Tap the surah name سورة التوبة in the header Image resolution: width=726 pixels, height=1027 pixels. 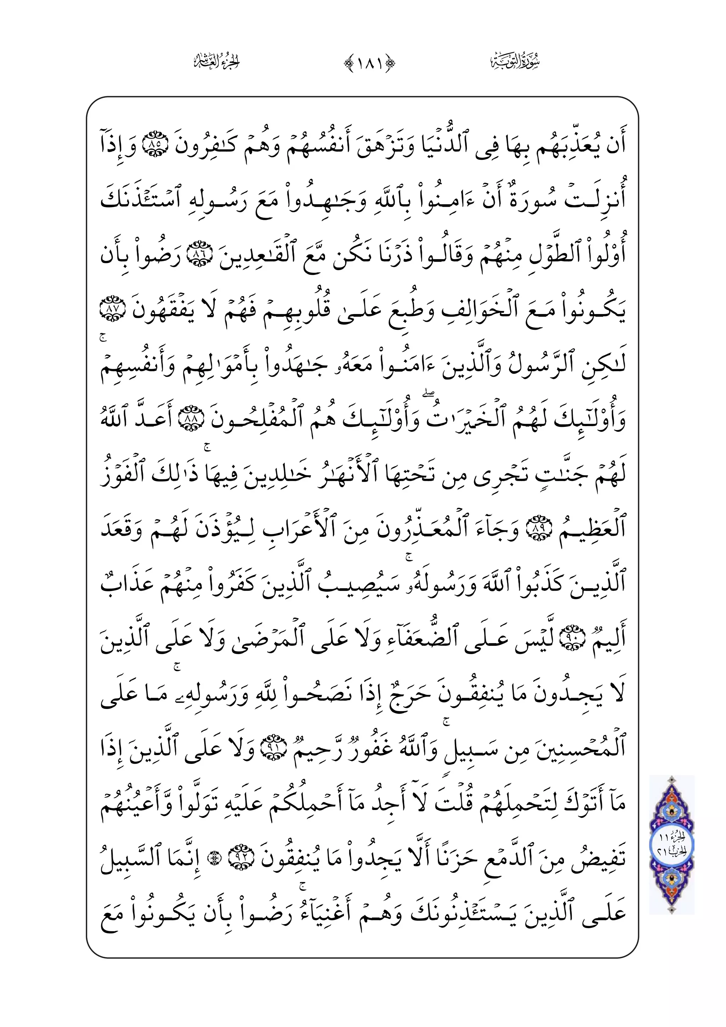click(514, 61)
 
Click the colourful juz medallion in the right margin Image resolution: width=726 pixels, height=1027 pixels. click(671, 845)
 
